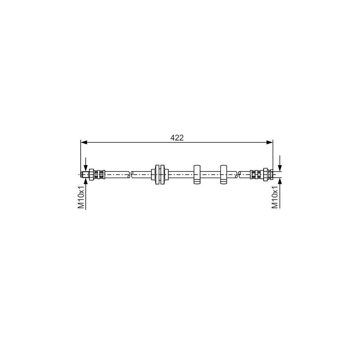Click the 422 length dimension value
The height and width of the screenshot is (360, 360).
click(x=177, y=138)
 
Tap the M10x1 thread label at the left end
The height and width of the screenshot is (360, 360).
click(x=81, y=197)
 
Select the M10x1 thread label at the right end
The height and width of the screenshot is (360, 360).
click(x=275, y=197)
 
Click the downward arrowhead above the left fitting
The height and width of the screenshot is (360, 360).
click(x=86, y=168)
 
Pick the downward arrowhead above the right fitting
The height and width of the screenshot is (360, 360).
click(x=280, y=168)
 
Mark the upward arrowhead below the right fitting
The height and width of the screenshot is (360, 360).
click(x=280, y=181)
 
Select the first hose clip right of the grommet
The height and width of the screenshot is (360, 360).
click(x=197, y=174)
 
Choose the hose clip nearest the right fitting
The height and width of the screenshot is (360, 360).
click(x=224, y=174)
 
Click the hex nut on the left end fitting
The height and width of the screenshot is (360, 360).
click(x=92, y=174)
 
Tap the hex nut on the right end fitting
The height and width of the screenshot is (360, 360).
click(x=264, y=174)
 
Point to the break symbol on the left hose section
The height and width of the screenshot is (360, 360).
click(x=130, y=174)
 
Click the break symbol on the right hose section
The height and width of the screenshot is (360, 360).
click(x=238, y=174)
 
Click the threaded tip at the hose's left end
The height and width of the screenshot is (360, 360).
click(x=84, y=174)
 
